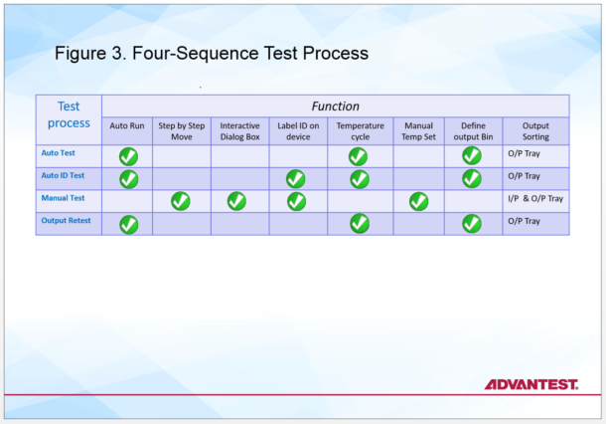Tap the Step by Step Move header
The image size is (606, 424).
181,130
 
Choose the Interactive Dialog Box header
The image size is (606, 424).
239,130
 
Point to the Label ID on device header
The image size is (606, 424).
298,130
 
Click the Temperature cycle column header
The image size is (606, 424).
360,130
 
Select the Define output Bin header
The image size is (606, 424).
472,130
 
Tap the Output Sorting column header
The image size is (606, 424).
535,130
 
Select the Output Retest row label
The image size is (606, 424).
70,220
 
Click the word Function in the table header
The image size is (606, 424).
336,106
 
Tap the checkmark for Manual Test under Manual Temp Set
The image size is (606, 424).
418,201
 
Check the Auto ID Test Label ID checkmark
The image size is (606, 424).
295,179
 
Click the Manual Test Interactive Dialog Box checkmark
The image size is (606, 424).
236,201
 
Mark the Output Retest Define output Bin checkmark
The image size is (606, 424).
471,224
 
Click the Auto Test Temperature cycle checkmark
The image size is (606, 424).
358,156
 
